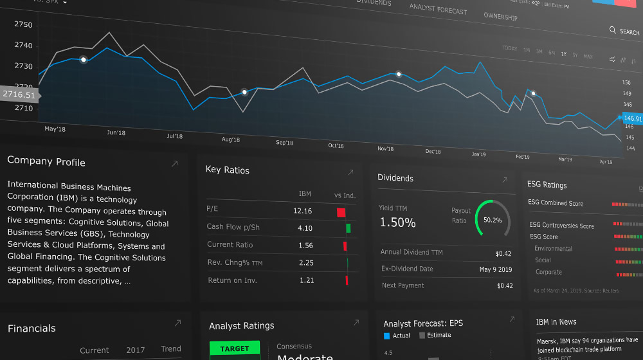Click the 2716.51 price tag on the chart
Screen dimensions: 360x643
tap(19, 94)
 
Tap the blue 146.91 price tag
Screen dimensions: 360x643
tap(632, 119)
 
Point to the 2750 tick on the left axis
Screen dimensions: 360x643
tap(23, 24)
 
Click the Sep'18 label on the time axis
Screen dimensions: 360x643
tap(284, 143)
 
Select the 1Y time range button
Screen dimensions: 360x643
tap(564, 54)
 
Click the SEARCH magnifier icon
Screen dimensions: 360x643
tap(613, 30)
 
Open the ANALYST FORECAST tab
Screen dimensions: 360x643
tap(438, 9)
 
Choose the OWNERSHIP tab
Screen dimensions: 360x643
tap(500, 17)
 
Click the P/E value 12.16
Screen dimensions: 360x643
tap(302, 211)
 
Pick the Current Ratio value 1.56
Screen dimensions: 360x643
tap(305, 246)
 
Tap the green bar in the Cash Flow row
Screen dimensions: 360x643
tap(348, 228)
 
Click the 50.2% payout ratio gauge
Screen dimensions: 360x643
tap(493, 219)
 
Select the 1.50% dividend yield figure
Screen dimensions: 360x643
tap(397, 223)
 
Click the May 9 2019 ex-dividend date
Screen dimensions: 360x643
tap(496, 269)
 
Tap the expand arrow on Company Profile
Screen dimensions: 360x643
tap(174, 165)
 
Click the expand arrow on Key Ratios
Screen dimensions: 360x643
tap(350, 172)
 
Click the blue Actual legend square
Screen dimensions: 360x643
tap(387, 336)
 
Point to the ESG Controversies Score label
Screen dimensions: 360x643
tap(561, 226)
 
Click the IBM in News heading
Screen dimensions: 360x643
tap(556, 321)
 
